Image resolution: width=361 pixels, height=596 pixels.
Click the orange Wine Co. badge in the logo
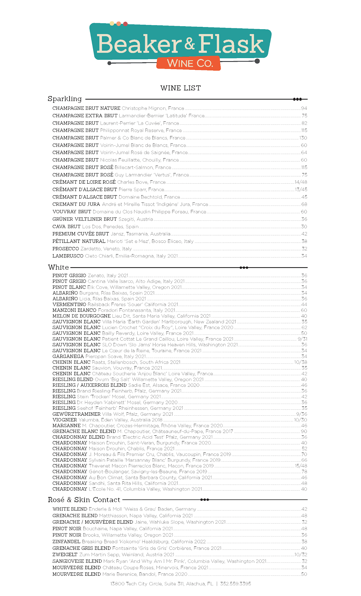point(189,63)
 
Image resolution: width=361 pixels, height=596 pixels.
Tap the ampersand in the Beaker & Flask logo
point(189,44)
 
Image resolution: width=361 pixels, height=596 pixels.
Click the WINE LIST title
point(180,88)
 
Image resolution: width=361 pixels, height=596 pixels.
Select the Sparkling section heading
point(65,99)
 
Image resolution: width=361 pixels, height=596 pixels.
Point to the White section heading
point(58,267)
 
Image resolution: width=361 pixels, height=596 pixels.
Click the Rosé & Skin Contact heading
point(84,500)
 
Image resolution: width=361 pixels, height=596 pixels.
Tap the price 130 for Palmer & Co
point(303,138)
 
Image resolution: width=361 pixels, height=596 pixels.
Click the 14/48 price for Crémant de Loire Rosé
point(301,182)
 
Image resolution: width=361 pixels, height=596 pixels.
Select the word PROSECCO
point(66,249)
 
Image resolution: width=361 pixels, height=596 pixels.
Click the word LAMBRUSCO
point(68,256)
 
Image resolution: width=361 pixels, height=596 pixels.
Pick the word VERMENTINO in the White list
point(69,305)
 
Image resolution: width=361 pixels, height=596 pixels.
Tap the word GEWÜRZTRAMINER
point(76,414)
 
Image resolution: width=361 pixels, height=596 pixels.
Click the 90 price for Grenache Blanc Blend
point(304,432)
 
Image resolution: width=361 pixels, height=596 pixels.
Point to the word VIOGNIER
point(65,420)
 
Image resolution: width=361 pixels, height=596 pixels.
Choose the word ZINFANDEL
point(66,542)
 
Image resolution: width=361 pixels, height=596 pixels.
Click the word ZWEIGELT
point(65,555)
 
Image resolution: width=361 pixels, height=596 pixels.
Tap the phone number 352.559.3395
point(236,584)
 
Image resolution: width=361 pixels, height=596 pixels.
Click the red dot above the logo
point(125,24)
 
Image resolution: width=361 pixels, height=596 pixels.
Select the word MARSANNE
point(67,426)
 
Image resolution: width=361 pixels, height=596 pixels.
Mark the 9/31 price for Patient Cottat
point(302,339)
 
